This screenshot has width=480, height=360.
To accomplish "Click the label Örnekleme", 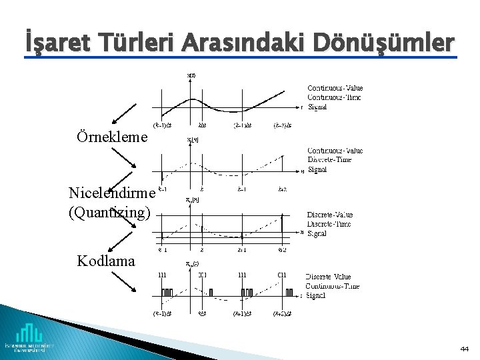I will [x=113, y=137].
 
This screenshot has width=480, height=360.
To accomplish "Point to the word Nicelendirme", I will [x=111, y=193].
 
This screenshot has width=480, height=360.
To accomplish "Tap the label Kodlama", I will [x=106, y=260].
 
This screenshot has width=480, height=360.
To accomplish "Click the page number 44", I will [x=464, y=349].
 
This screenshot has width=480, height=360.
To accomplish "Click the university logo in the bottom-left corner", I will [x=29, y=337].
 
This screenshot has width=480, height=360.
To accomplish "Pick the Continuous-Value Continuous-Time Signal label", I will [x=335, y=97].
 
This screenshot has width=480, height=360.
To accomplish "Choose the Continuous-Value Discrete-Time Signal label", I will [x=335, y=160].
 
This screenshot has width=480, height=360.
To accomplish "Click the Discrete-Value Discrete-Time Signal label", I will [x=329, y=224].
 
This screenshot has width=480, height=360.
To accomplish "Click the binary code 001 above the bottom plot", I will [x=202, y=275].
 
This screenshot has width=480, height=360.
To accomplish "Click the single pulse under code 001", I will [x=210, y=292].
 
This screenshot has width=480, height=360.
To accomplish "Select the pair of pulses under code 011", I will [x=289, y=292].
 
